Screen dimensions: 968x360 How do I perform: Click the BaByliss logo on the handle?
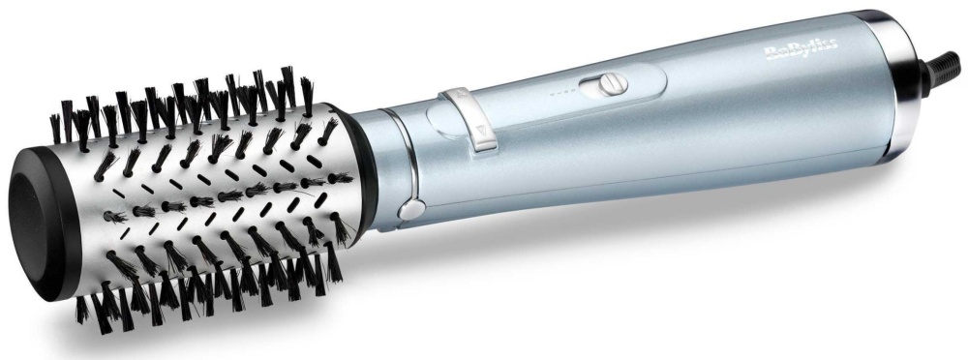(802, 48)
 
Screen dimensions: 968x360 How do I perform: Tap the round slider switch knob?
(613, 83)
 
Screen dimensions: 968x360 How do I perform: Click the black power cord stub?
(940, 70)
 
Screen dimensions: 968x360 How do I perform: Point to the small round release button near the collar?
(411, 209)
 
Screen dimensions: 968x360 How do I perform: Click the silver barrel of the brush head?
(210, 197)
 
